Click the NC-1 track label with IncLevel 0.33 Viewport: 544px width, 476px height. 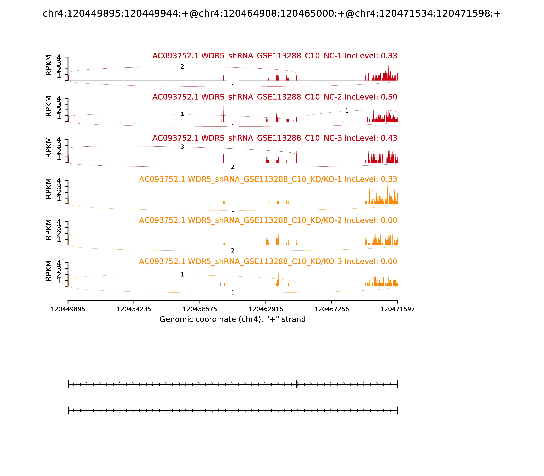pos(275,56)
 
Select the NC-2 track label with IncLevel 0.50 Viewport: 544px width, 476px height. pos(275,97)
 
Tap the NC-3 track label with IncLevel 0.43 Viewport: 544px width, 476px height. pos(275,138)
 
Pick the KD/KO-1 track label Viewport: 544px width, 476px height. pos(268,179)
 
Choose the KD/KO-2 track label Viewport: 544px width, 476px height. pos(268,220)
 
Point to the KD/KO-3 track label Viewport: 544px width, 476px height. pos(268,262)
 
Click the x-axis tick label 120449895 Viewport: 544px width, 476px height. pos(68,309)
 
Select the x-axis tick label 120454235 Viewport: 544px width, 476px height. pos(134,309)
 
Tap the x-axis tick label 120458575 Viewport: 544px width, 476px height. pos(200,309)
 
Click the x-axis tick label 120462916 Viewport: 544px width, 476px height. pos(266,309)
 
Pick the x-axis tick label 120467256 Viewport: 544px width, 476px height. pos(331,309)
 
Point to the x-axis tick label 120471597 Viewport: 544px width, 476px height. pos(397,309)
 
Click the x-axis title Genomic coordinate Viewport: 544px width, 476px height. pos(233,319)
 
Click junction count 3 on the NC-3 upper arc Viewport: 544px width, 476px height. pos(182,147)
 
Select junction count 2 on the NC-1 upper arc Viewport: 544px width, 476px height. pos(182,67)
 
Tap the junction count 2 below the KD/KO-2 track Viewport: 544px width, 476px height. pos(233,250)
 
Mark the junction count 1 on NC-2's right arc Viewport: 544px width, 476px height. pos(347,111)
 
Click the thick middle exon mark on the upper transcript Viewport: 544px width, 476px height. pos(297,384)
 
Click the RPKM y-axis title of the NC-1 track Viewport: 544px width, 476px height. pos(49,65)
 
